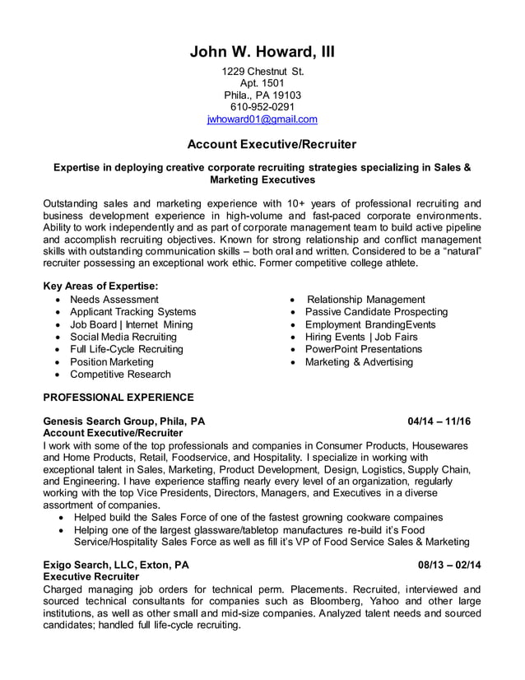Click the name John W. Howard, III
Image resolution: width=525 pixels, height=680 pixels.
[x=262, y=53]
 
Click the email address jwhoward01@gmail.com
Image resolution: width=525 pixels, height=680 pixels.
[x=262, y=119]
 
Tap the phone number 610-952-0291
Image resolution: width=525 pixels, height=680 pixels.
[x=262, y=106]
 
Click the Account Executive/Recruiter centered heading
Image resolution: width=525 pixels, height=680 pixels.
[x=272, y=145]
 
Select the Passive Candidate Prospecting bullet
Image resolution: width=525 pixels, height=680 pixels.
[x=376, y=312]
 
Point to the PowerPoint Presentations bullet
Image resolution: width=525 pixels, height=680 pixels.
[x=363, y=349]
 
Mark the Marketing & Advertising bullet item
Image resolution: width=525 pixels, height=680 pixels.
[x=359, y=361]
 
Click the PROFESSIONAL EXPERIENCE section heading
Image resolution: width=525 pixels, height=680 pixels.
[x=118, y=396]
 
